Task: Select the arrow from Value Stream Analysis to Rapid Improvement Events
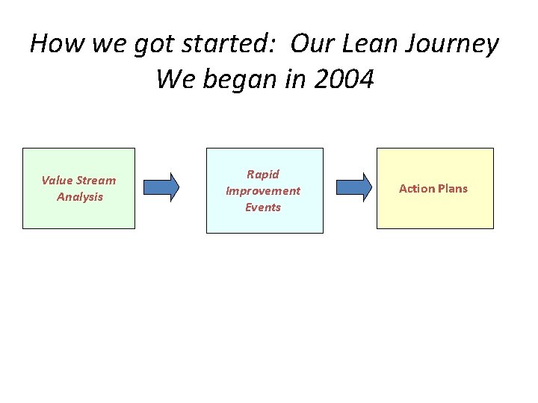point(161,187)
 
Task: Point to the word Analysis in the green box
point(80,197)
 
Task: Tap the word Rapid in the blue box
point(263,174)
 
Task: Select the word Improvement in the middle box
point(263,190)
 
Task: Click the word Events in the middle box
point(263,207)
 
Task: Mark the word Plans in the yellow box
point(452,188)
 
